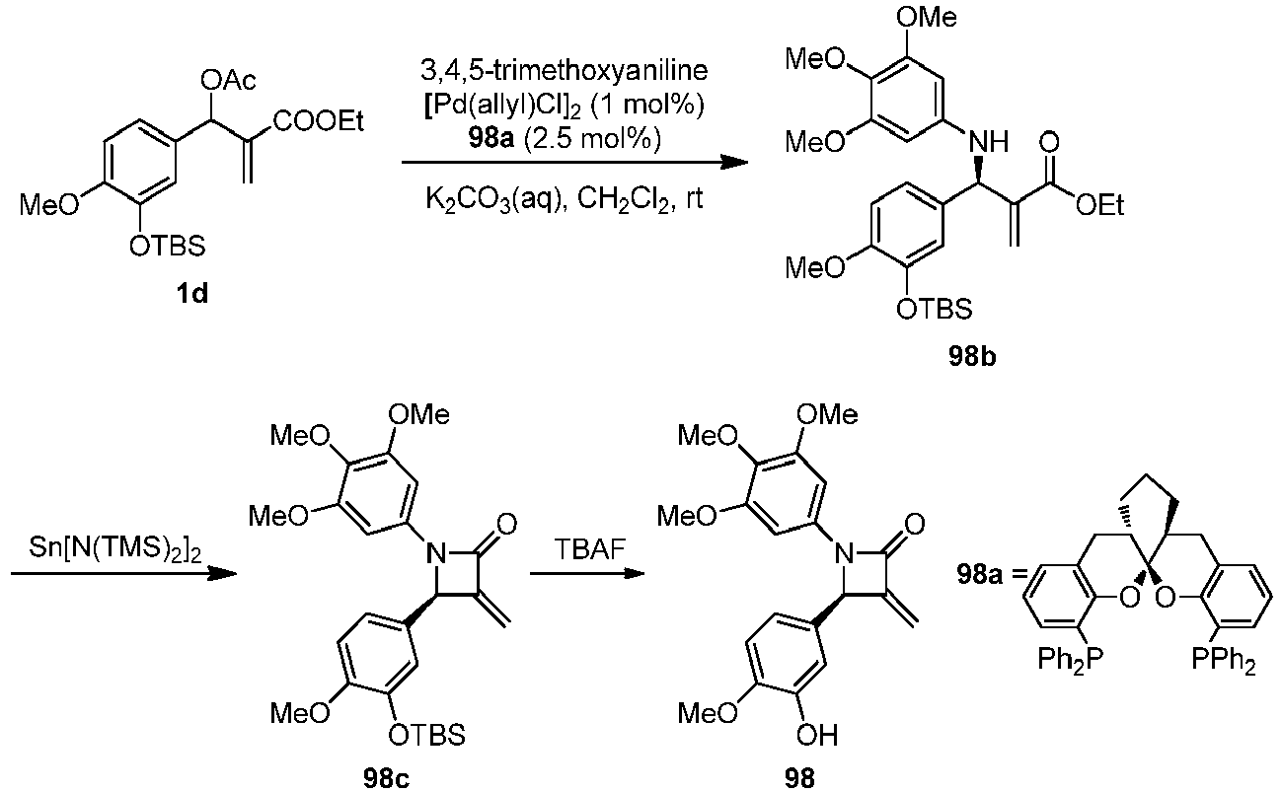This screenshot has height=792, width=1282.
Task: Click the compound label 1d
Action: tap(192, 293)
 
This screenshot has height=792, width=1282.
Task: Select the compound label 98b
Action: tap(972, 357)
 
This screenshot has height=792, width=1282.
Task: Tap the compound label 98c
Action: tap(386, 778)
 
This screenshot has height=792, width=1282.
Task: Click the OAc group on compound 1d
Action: tap(228, 81)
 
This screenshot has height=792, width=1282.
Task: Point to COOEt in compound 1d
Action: tap(318, 121)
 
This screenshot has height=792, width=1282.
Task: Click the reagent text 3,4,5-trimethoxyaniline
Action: tap(565, 70)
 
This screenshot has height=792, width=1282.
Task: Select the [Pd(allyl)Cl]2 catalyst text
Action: tap(565, 106)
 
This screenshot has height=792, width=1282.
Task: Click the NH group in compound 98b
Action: tap(989, 141)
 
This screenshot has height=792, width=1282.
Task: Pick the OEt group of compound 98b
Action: tap(1099, 205)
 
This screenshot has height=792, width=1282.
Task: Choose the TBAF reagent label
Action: tap(589, 550)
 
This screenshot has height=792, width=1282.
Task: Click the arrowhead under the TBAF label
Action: tap(634, 573)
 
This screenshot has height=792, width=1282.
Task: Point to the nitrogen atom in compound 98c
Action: tap(435, 553)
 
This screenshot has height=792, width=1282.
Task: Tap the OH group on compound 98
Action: tap(817, 736)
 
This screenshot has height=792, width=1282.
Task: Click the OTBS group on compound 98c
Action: tap(427, 735)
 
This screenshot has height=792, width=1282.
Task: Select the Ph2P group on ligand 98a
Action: tap(1070, 661)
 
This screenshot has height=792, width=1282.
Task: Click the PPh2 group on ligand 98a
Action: tap(1224, 661)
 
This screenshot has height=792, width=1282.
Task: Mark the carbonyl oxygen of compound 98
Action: tap(915, 524)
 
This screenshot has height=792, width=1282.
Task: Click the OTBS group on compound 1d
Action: tap(167, 247)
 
